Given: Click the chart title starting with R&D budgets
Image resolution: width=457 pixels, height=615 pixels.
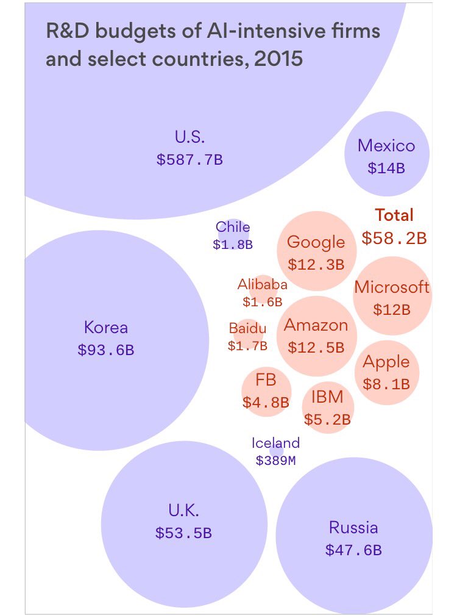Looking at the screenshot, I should [213, 45].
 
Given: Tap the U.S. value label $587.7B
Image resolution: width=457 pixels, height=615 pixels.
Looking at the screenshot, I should [190, 160].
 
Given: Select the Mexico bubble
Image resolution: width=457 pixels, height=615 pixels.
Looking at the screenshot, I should [386, 154].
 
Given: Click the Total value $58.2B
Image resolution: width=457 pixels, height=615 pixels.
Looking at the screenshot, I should [394, 238].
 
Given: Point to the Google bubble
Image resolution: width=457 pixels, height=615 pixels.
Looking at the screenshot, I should [316, 251].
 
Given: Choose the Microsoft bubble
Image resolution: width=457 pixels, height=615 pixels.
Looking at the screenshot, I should [392, 296].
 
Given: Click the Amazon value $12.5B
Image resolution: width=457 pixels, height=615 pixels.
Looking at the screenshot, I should [316, 348].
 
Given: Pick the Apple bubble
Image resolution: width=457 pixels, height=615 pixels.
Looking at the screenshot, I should [386, 372].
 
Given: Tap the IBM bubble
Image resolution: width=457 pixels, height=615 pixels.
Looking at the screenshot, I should [327, 407].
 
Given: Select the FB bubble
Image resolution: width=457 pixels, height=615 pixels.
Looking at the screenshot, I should [266, 391].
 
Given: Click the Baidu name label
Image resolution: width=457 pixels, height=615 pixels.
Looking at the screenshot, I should [247, 329].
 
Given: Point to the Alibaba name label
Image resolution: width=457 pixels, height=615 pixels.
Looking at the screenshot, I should [262, 284].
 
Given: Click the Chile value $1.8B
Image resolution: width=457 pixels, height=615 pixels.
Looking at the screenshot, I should [233, 245].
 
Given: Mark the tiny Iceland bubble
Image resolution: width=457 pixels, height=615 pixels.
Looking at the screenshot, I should [276, 450].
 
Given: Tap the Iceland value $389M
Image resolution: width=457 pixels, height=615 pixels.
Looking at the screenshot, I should [275, 461].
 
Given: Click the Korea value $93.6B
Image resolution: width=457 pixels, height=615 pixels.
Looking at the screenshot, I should [105, 350].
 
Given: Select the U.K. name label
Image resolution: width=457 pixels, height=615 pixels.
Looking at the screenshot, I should [183, 510].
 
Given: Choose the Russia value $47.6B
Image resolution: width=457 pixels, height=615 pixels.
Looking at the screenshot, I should [353, 550].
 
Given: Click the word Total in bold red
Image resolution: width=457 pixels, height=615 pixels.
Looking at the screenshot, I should [394, 215].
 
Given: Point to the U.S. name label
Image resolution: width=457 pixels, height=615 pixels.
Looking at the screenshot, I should [190, 137].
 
